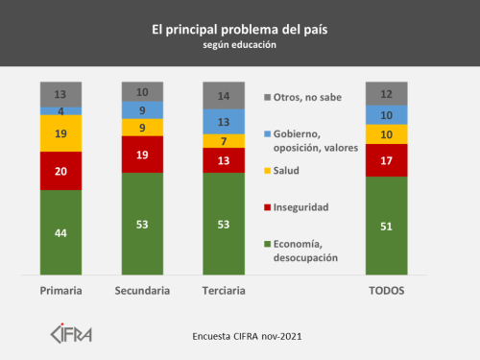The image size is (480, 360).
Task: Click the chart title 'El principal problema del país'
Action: (239, 29)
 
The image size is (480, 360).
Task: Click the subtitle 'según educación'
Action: (239, 45)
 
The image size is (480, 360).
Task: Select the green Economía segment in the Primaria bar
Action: (60, 233)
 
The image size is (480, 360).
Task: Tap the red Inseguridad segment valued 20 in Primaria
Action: (60, 170)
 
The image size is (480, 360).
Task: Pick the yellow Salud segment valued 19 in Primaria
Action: (60, 133)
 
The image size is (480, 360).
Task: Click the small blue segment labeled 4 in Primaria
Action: (60, 110)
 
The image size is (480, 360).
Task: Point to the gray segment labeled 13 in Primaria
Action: (60, 94)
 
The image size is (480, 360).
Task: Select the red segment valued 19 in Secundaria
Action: (142, 154)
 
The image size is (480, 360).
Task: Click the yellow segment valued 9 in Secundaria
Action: (142, 127)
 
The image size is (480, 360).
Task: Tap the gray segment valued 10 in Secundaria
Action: (142, 92)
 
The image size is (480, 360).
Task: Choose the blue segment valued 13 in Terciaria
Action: (224, 121)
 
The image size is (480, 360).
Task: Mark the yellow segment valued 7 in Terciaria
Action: (224, 141)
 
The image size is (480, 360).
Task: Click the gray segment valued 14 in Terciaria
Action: (224, 96)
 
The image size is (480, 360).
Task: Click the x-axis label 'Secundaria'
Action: (142, 291)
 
